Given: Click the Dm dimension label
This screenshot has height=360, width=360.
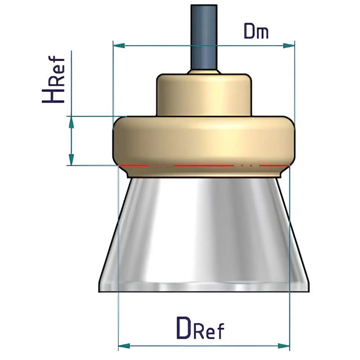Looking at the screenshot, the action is click(256, 31).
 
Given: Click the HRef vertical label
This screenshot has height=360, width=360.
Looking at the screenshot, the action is click(53, 79).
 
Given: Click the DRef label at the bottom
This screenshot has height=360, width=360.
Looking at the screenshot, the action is click(200, 328).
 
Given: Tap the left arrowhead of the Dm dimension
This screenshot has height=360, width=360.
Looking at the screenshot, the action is click(119, 45).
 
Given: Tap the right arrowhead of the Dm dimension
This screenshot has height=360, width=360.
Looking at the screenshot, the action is click(289, 45).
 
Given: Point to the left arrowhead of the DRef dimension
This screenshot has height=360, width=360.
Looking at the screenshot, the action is click(124, 346).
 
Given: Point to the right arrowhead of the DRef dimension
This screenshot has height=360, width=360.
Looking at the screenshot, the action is click(284, 346).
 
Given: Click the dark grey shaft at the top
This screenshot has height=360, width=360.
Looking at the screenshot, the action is click(204, 37).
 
